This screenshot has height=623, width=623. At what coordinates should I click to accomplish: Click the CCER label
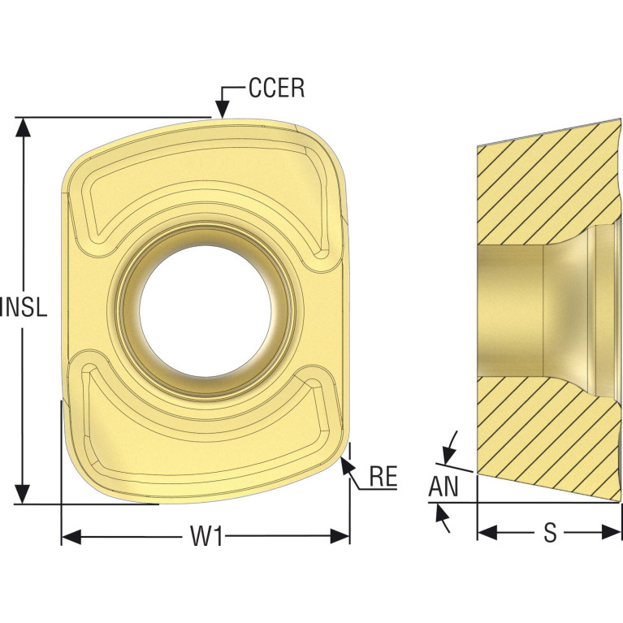(276, 89)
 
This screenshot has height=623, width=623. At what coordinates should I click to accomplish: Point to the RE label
(383, 477)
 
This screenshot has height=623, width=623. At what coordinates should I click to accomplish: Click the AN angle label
(443, 487)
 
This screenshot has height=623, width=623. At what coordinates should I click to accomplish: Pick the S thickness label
(550, 533)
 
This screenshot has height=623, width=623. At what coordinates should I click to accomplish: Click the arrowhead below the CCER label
(223, 109)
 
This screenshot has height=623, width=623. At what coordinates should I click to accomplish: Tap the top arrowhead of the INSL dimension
(24, 128)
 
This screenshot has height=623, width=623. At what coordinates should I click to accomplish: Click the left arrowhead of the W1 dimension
(71, 537)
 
